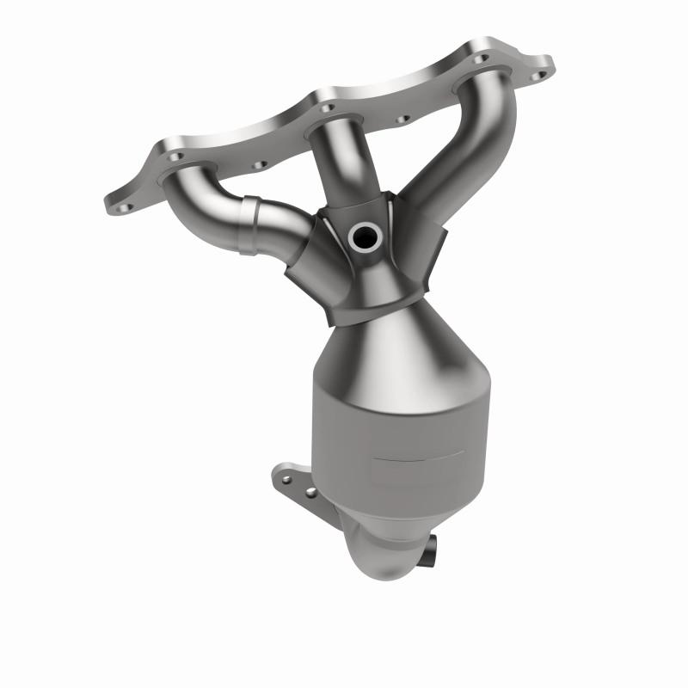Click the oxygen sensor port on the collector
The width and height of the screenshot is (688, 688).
364,234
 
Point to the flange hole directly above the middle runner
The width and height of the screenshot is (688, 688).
328,108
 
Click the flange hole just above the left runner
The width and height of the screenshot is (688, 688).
176,157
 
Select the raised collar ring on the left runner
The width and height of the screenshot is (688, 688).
251,225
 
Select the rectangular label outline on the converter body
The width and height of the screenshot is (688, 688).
421,467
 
